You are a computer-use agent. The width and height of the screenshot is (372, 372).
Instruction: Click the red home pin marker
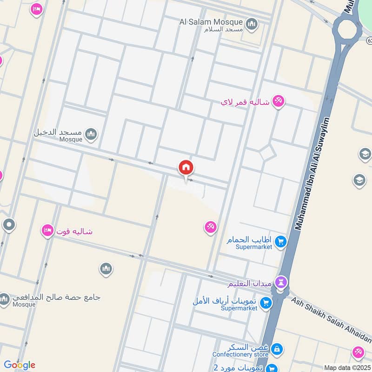(x=186, y=168)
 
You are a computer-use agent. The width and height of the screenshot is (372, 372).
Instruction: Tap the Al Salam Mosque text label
(x=211, y=22)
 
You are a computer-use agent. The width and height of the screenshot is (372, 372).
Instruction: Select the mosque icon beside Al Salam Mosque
(x=252, y=24)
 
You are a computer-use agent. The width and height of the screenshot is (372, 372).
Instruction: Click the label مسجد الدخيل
(x=58, y=132)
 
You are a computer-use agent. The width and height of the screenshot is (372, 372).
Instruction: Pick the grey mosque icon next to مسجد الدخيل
(x=91, y=134)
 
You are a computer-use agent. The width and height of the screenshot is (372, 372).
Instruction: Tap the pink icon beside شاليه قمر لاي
(x=278, y=101)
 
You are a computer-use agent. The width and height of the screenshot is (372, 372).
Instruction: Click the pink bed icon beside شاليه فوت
(x=47, y=231)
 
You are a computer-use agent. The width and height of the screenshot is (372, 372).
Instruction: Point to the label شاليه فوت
(x=74, y=231)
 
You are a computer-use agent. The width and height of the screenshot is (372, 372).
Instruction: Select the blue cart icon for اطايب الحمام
(x=280, y=241)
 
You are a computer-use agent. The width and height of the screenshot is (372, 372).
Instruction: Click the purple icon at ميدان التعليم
(x=281, y=282)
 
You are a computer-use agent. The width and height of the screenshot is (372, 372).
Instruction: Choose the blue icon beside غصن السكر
(x=276, y=348)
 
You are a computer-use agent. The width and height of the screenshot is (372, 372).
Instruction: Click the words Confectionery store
(x=248, y=355)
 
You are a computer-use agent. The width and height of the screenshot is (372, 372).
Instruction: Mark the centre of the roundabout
(x=346, y=29)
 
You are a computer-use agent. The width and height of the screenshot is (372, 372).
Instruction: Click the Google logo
(x=19, y=365)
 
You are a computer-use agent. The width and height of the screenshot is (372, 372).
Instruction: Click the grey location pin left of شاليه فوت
(x=9, y=226)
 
